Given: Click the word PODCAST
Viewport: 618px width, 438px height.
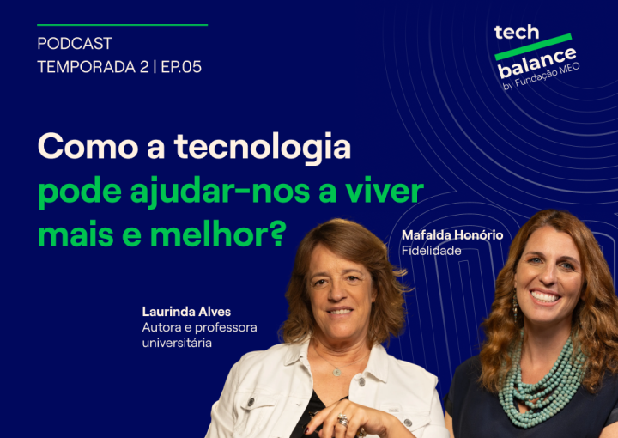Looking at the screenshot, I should click(x=75, y=43).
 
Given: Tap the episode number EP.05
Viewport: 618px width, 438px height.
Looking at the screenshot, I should click(x=181, y=67).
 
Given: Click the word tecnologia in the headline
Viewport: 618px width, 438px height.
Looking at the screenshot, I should click(x=263, y=147).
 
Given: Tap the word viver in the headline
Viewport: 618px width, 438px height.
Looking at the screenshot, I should click(x=385, y=190).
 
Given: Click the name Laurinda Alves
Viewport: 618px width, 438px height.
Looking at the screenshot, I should click(x=186, y=312).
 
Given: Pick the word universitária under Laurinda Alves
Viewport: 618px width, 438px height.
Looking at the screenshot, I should click(x=177, y=343).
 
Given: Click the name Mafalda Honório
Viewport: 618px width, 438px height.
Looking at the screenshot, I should click(x=451, y=234).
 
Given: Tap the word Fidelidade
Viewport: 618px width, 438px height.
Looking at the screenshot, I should click(x=431, y=250).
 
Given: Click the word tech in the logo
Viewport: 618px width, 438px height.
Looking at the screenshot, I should click(x=517, y=33).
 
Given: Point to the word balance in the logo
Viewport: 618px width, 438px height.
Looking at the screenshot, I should click(x=537, y=62).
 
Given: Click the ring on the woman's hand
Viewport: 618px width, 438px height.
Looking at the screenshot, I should click(x=342, y=420).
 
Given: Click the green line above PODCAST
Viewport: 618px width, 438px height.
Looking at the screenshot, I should click(x=122, y=25).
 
